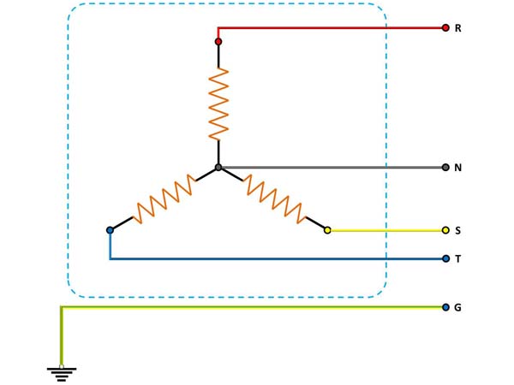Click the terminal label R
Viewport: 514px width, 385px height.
coord(458,28)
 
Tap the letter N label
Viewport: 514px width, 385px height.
coord(458,168)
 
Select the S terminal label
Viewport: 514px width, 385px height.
coord(458,231)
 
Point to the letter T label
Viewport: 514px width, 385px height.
coord(458,258)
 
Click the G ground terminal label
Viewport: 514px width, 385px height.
coord(458,307)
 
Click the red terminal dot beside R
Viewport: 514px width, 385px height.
coord(445,28)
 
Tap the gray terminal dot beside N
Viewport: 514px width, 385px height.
coord(445,168)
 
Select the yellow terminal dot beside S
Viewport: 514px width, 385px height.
coord(445,230)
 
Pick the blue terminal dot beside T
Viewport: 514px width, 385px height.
coord(445,258)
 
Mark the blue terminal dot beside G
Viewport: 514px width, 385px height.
coord(445,307)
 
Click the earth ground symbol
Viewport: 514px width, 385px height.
coord(62,373)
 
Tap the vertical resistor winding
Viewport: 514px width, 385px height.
coord(218,104)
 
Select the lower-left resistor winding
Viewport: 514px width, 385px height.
coord(164,198)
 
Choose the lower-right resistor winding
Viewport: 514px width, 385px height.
coord(273,198)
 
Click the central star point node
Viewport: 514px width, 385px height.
coord(218,168)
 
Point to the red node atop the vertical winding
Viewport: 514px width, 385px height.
coord(218,41)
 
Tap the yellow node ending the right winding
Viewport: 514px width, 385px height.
coord(327,230)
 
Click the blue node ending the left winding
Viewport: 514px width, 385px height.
coord(110,230)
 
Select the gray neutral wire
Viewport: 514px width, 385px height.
coord(334,168)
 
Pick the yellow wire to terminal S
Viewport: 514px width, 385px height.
coord(385,230)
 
